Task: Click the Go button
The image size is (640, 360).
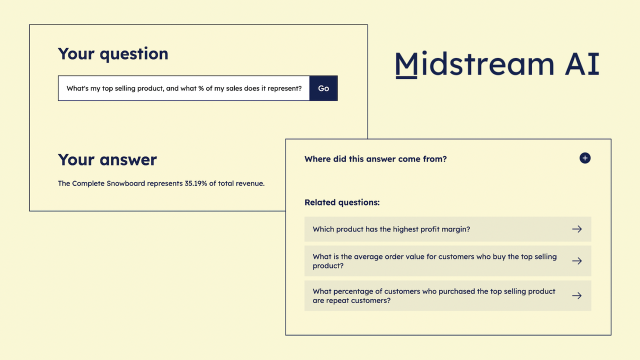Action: coord(323,88)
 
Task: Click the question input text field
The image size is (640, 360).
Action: coord(184,88)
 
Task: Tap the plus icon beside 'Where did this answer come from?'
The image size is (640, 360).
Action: coord(585,158)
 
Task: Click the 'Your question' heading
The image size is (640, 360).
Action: coord(113,54)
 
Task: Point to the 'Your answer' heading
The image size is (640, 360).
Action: coord(107,160)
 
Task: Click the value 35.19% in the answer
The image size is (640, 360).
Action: coord(196,183)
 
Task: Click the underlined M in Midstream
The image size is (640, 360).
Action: coord(406,65)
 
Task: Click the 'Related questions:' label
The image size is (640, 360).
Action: coord(342,202)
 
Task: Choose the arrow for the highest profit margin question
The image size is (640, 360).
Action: coord(577,229)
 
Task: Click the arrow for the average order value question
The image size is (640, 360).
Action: coord(577,261)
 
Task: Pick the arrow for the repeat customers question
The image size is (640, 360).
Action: coord(577,295)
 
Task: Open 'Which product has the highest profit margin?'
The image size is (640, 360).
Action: coord(391,229)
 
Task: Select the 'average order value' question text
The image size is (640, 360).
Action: coord(434,261)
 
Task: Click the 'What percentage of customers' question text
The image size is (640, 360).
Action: coord(433,295)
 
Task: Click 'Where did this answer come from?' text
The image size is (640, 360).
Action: coord(375,159)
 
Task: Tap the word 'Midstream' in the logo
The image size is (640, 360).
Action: coord(474,64)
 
